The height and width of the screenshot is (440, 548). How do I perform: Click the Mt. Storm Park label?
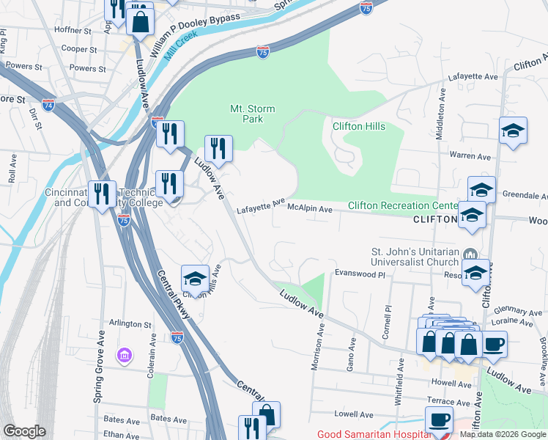tap(253, 114)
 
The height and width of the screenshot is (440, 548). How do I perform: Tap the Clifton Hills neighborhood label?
tap(358, 126)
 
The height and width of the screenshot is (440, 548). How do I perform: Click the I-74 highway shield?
tap(48, 104)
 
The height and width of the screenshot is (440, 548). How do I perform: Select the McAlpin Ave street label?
tap(310, 209)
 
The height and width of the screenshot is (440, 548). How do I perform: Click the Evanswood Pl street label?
tap(360, 273)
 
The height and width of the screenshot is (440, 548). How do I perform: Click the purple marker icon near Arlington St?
tap(125, 356)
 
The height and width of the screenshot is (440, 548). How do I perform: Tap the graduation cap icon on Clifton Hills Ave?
tap(195, 279)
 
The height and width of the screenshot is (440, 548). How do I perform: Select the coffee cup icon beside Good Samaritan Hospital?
tap(439, 419)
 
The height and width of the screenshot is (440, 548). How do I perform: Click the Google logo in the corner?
tap(24, 431)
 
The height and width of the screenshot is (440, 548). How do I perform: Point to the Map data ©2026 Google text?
tap(503, 434)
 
